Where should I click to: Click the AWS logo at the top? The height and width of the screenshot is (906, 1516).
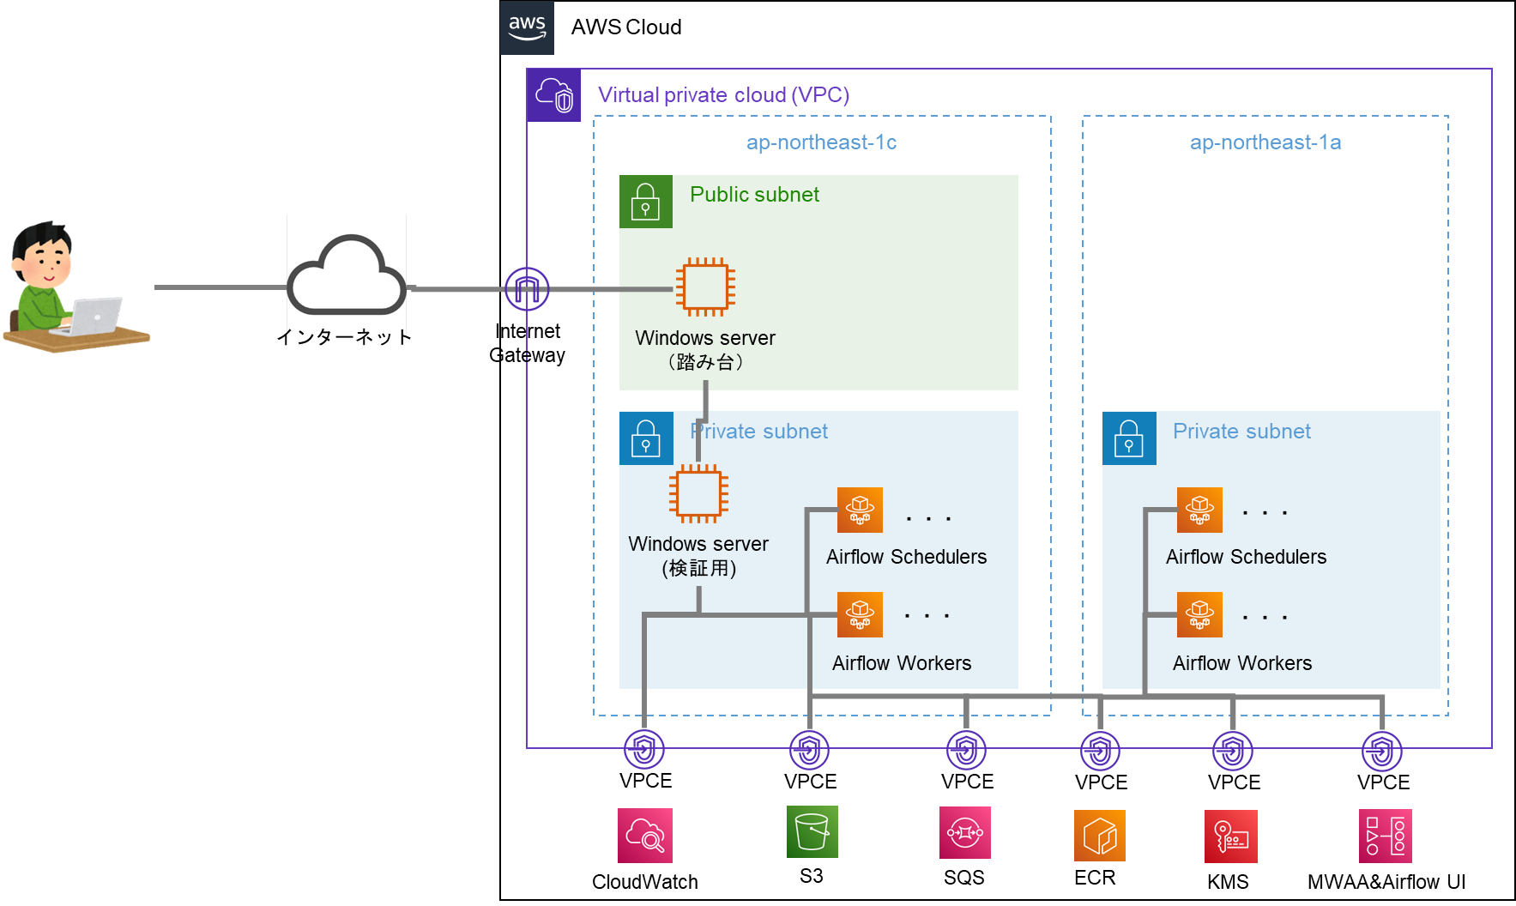[527, 27]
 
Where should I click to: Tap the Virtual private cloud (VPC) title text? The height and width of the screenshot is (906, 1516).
[723, 95]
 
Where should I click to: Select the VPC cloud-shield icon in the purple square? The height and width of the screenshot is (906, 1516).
[553, 94]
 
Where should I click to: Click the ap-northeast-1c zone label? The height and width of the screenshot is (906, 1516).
[821, 142]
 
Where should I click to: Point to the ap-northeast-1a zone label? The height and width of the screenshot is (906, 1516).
[1265, 142]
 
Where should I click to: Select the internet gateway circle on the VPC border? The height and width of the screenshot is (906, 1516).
[527, 289]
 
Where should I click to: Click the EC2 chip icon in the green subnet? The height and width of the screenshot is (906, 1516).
[705, 287]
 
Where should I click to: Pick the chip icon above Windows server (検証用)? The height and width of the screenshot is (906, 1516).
[698, 493]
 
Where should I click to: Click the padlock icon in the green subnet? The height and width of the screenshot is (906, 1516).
[645, 202]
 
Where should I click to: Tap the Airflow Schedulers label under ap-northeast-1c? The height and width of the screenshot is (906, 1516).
[906, 557]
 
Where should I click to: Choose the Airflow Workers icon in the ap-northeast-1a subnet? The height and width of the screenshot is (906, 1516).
[1199, 614]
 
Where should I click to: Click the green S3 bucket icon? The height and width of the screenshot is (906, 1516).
[812, 831]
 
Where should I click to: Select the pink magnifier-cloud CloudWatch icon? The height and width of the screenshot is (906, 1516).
[645, 835]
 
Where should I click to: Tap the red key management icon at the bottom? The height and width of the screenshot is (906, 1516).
[1230, 836]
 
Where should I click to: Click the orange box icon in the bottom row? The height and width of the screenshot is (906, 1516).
[1099, 836]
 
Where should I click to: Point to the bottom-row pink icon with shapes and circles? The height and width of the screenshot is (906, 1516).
[1385, 836]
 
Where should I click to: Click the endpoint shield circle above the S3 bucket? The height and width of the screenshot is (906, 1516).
[809, 751]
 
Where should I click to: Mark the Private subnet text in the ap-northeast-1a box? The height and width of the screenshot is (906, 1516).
[1241, 432]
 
